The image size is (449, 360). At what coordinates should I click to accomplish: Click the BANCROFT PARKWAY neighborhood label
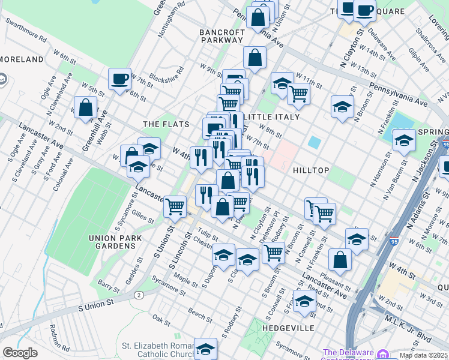tap(221, 36)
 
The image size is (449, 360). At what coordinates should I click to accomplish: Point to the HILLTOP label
tap(310, 170)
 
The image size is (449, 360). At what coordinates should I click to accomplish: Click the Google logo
tap(20, 353)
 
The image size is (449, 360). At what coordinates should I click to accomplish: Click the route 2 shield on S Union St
tap(139, 295)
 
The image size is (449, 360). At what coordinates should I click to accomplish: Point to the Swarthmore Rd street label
tap(26, 28)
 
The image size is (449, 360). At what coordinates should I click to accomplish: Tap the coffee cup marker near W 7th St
tap(120, 78)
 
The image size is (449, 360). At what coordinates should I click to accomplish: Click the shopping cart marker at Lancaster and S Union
tap(175, 206)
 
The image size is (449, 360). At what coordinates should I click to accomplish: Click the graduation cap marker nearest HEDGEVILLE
tap(304, 301)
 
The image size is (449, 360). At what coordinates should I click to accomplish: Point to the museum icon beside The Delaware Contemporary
tap(383, 352)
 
